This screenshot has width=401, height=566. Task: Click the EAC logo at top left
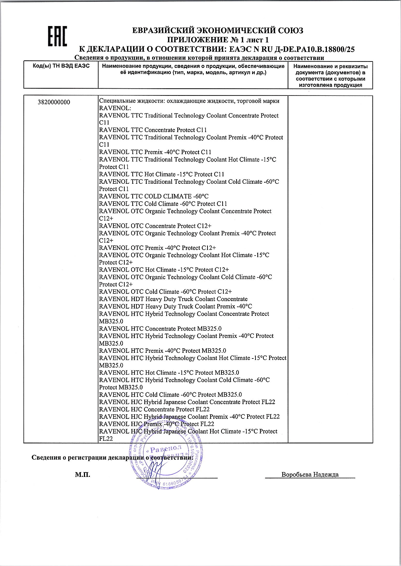pyautogui.click(x=57, y=37)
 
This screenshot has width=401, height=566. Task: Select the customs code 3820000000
pyautogui.click(x=54, y=102)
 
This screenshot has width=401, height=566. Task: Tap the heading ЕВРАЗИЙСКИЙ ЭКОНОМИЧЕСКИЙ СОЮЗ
pyautogui.click(x=218, y=31)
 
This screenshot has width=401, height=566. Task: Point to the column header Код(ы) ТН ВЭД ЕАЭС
pyautogui.click(x=61, y=66)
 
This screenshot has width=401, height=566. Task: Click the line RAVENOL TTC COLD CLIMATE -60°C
pyautogui.click(x=153, y=196)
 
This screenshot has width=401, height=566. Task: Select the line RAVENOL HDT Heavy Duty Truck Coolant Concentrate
pyautogui.click(x=173, y=299)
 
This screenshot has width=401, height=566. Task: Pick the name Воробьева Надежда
pyautogui.click(x=310, y=475)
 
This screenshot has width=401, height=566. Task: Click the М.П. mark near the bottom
pyautogui.click(x=83, y=475)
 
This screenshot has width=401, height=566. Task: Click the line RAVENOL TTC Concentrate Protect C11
pyautogui.click(x=153, y=130)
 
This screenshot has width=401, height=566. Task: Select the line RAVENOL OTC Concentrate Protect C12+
pyautogui.click(x=155, y=226)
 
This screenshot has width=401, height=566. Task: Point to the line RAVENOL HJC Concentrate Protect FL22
pyautogui.click(x=154, y=409)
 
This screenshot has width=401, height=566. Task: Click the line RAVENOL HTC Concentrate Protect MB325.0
pyautogui.click(x=160, y=328)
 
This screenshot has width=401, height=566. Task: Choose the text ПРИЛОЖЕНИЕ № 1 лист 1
pyautogui.click(x=218, y=40)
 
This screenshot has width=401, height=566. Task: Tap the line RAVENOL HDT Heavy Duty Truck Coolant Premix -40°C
pyautogui.click(x=175, y=306)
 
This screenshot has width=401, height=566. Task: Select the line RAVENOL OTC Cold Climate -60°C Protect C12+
pyautogui.click(x=165, y=292)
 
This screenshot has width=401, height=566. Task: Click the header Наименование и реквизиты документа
pyautogui.click(x=330, y=69)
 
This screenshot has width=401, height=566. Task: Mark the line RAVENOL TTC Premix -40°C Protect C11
pyautogui.click(x=155, y=152)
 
